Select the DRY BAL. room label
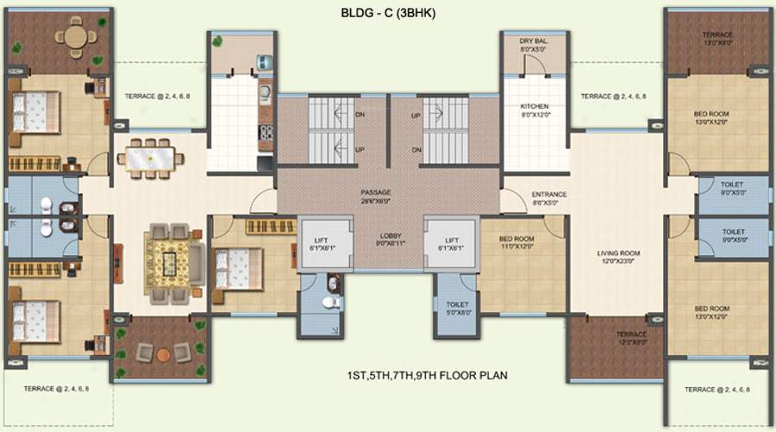coord(534,45)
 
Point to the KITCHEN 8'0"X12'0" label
coord(534,111)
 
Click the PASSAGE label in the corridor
coord(376,196)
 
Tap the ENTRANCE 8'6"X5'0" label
coord(549,198)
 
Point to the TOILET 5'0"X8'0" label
coord(457,308)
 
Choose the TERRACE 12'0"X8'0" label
coord(630,337)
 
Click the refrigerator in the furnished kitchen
coord(266,63)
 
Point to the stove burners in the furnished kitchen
coord(266,133)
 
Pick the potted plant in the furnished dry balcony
coord(218,41)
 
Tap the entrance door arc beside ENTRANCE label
coord(513,203)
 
